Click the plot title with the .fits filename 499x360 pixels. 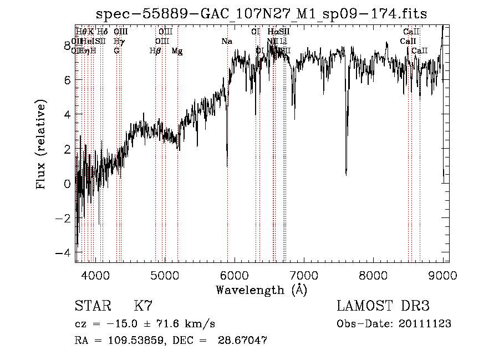click(261, 14)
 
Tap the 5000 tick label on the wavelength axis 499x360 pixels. click(165, 275)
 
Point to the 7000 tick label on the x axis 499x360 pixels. click(304, 275)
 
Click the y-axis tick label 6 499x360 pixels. click(67, 80)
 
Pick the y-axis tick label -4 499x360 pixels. click(64, 252)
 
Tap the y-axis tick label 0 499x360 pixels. click(67, 184)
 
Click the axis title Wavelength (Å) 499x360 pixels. click(261, 290)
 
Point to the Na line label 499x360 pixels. click(226, 41)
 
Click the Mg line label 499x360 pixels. click(177, 51)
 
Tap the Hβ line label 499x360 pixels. click(155, 51)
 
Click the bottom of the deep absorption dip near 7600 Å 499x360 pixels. click(346, 174)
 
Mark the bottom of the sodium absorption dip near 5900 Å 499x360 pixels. click(227, 165)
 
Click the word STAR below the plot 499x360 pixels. click(93, 306)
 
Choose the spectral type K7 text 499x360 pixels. click(143, 306)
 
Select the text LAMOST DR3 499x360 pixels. click(383, 306)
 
